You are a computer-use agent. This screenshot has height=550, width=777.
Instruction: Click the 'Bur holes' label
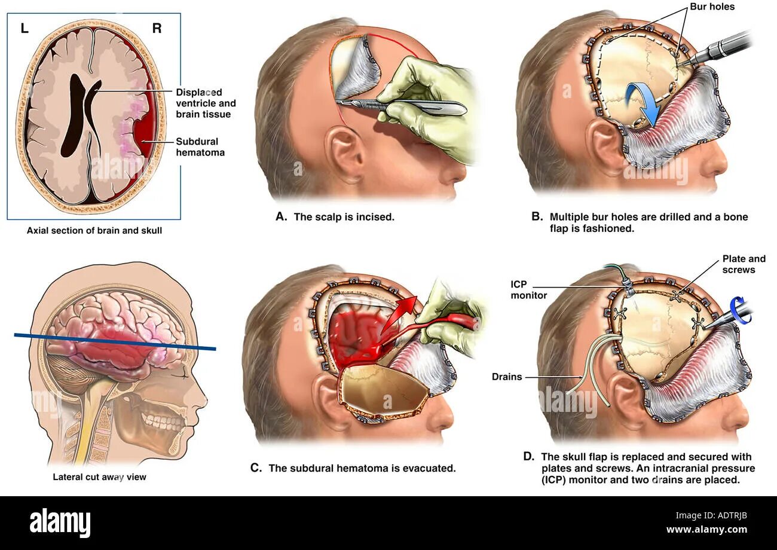click(x=712, y=7)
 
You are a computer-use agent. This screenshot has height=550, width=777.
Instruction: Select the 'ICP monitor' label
click(x=529, y=290)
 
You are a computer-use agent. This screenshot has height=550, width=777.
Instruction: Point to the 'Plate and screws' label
click(x=744, y=264)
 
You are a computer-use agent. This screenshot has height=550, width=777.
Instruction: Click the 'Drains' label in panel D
click(x=507, y=377)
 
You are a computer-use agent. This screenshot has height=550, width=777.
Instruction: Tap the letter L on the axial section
click(x=25, y=28)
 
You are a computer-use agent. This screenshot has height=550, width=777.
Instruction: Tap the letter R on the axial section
click(x=157, y=28)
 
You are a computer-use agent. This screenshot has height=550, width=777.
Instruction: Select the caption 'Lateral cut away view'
click(x=99, y=477)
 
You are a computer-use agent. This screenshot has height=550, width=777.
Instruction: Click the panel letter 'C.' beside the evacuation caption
click(x=256, y=468)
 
